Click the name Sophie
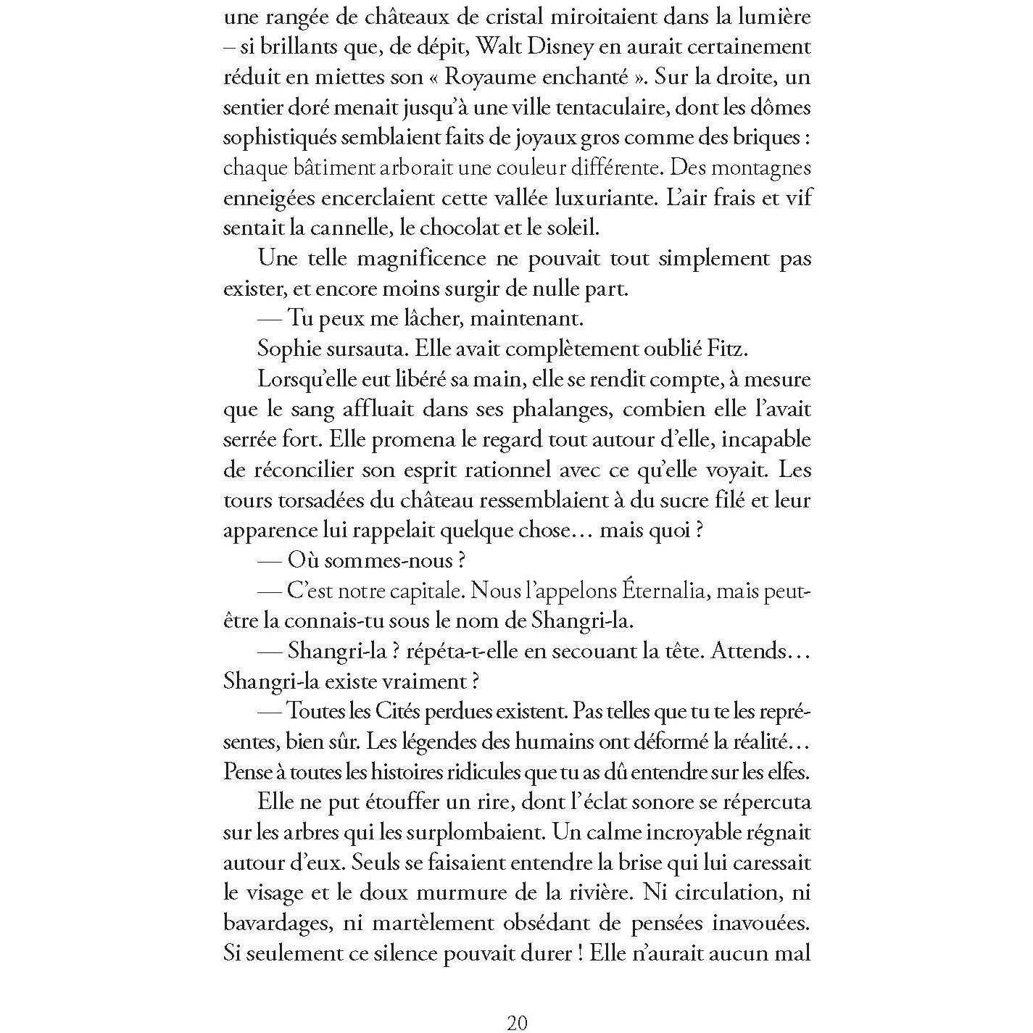pos(289,349)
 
